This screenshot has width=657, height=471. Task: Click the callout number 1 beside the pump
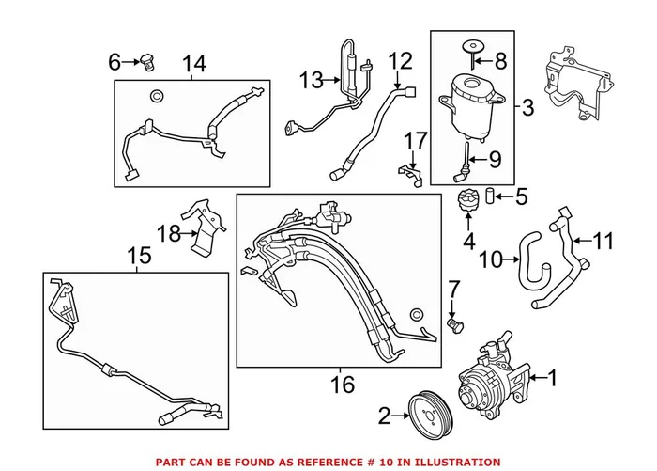click(552, 379)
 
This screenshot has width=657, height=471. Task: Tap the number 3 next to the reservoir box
click(527, 108)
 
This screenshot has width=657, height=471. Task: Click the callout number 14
click(193, 64)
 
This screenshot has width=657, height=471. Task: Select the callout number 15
click(138, 255)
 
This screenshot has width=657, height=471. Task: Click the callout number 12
click(401, 62)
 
